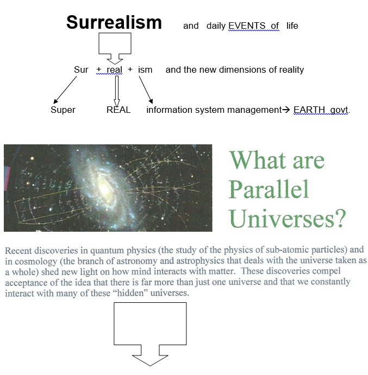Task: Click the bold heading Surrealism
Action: pos(114,22)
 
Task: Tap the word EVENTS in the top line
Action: pos(247,26)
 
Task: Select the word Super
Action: pos(63,110)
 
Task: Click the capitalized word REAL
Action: pos(118,110)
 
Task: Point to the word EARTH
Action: pos(309,110)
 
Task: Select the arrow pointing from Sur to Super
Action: pos(65,90)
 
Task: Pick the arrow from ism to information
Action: pos(146,90)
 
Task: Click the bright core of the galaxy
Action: pos(105,189)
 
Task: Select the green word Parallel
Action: pos(269,189)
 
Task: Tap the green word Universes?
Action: pos(287,218)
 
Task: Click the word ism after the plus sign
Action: pos(145,70)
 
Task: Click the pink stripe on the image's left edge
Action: pos(7,179)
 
